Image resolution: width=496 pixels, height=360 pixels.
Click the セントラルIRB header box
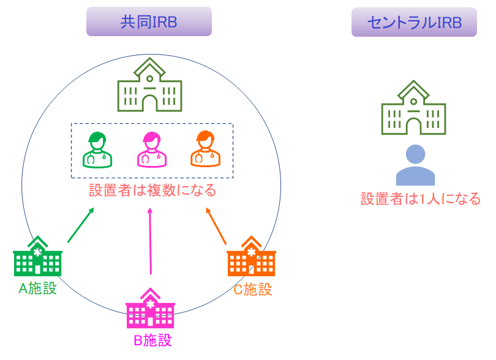click(x=414, y=22)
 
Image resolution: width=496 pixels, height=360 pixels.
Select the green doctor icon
click(x=98, y=150)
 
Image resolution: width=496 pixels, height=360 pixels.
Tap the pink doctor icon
click(x=151, y=150)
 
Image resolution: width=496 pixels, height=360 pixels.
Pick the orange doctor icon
click(x=205, y=150)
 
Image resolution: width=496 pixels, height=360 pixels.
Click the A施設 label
click(x=38, y=288)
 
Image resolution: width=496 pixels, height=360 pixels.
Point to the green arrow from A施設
click(x=80, y=225)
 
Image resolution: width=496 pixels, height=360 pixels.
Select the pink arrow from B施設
click(x=151, y=242)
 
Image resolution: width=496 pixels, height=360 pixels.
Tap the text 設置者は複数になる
click(x=152, y=190)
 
